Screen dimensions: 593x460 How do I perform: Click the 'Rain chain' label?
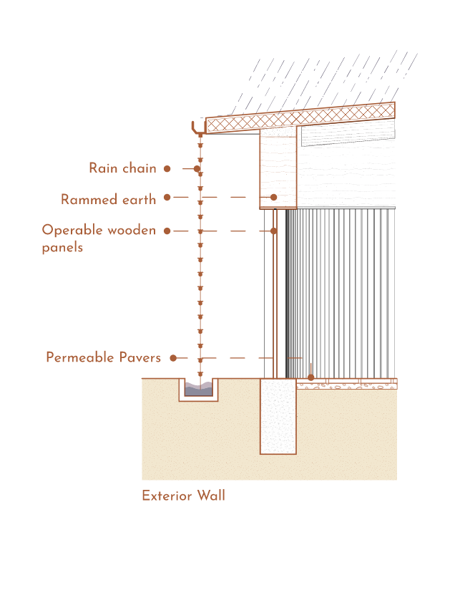[122, 168]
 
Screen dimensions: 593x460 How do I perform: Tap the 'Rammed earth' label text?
[108, 200]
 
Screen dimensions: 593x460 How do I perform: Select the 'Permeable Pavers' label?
[103, 357]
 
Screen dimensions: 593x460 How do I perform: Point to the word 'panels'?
[62, 248]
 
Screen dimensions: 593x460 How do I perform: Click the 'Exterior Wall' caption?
[183, 496]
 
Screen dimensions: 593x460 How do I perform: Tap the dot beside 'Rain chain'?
[167, 169]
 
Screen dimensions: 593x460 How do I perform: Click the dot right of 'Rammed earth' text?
[167, 197]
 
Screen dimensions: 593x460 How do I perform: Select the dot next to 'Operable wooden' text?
[167, 231]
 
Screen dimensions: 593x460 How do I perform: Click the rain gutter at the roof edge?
[199, 130]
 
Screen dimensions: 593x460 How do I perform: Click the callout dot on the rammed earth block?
[273, 197]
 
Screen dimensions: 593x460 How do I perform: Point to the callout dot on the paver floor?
[310, 377]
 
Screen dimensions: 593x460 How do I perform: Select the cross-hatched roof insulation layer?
[300, 117]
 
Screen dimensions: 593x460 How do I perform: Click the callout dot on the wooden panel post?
[273, 231]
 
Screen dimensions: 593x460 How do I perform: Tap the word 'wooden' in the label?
[131, 231]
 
